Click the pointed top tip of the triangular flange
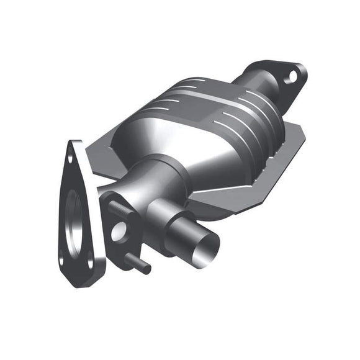(75, 143)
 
